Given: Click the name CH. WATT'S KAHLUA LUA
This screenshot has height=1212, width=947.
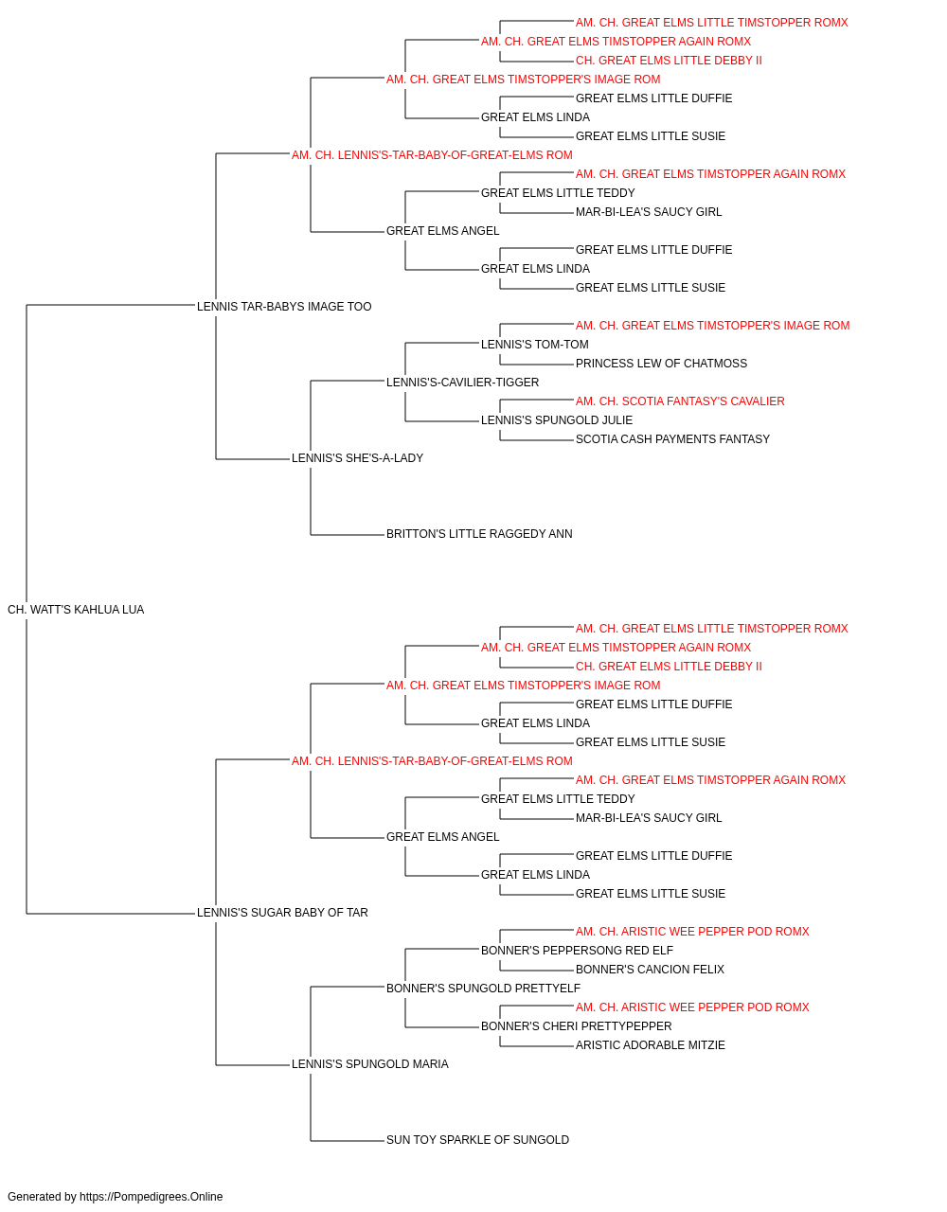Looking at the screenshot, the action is (x=76, y=610).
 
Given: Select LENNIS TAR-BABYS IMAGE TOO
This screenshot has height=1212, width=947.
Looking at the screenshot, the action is (x=284, y=307).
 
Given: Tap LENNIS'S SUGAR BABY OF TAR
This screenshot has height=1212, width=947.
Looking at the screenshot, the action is (x=282, y=913).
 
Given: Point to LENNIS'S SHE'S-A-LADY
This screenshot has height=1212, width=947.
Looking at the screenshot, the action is (x=358, y=458).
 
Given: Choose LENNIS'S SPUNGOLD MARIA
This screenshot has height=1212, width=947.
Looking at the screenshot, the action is (x=369, y=1064).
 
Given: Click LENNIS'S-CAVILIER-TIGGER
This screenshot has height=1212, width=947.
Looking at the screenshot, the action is (x=462, y=382).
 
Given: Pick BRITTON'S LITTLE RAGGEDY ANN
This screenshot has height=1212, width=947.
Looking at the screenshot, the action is (x=479, y=534).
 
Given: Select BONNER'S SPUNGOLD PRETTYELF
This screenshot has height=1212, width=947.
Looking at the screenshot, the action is (x=483, y=989).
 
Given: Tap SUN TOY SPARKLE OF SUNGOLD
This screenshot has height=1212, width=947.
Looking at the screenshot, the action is (x=477, y=1140).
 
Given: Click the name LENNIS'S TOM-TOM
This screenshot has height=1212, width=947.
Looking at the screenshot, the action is (x=534, y=345).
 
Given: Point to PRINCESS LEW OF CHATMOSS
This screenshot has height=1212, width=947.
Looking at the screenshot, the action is (x=661, y=364).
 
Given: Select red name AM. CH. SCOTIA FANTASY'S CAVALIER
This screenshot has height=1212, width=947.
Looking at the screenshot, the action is (x=680, y=401).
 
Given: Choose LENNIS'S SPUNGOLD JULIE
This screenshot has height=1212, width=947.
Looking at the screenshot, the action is (x=557, y=420).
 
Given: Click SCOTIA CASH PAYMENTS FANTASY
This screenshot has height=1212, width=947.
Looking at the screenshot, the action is (x=672, y=439).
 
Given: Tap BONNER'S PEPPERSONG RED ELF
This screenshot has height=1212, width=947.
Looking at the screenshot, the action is (x=577, y=951).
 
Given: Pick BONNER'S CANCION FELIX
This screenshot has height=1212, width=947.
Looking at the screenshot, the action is (x=650, y=970).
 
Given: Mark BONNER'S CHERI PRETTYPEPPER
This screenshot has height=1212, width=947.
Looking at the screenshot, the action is (x=576, y=1026).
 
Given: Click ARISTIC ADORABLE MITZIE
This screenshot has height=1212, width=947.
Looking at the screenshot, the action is (x=651, y=1045).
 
